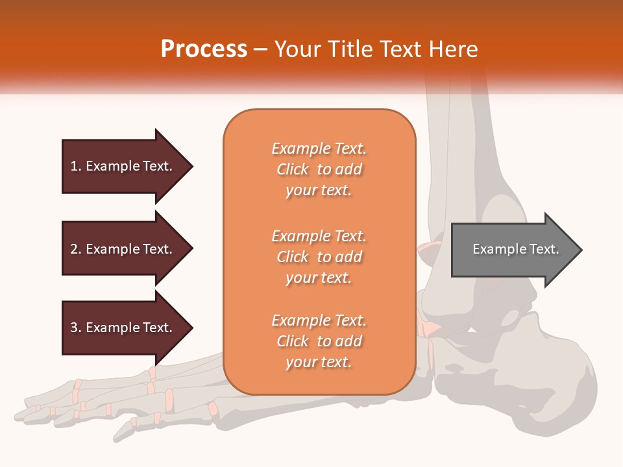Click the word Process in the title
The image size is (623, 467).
pos(204,49)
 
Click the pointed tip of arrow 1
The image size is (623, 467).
pos(191,166)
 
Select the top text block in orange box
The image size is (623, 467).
pos(319,169)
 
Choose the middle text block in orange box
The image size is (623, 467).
pos(319,257)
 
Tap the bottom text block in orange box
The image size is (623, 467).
pos(319,341)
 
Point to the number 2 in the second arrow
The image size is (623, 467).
pos(74,249)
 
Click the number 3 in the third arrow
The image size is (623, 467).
pos(74,328)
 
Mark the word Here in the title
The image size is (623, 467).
pos(456,49)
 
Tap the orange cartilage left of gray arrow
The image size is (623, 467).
pos(428,249)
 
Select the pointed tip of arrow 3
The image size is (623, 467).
pos(191,328)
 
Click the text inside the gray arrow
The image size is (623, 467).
pos(516,249)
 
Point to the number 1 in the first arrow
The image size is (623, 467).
pos(74,166)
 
